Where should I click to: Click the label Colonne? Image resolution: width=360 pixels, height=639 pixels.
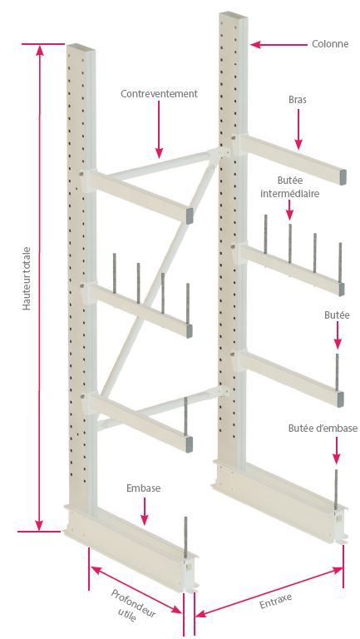(x=330, y=44)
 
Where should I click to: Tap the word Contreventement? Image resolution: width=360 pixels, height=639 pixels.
(x=159, y=94)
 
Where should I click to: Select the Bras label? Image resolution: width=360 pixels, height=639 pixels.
(x=298, y=100)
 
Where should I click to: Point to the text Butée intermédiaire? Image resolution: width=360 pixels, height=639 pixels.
(x=289, y=186)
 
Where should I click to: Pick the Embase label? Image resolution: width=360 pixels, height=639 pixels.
(x=143, y=488)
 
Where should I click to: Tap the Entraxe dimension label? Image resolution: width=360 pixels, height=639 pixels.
(x=276, y=602)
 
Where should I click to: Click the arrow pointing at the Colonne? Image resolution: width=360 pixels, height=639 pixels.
(x=279, y=44)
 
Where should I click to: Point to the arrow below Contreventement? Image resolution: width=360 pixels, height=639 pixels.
(x=159, y=129)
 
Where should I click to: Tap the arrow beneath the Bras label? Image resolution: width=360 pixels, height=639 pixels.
(x=298, y=129)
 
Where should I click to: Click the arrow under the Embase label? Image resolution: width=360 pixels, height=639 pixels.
(x=144, y=510)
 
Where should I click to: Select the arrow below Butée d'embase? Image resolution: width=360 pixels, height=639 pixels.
(x=336, y=451)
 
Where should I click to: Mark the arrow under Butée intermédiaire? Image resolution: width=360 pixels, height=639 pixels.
(x=289, y=211)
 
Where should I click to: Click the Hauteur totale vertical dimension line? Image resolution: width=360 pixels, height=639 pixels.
(x=39, y=288)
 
